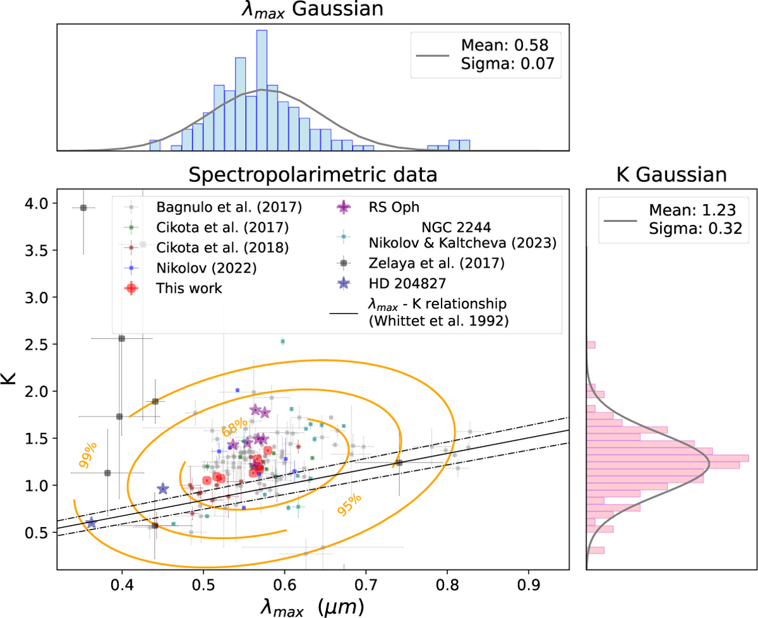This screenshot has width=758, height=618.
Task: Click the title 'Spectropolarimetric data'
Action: click(x=313, y=174)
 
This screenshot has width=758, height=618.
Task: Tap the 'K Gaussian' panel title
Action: click(x=671, y=174)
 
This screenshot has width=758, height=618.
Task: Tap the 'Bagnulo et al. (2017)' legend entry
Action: click(x=229, y=206)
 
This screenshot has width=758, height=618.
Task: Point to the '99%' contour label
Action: click(x=88, y=455)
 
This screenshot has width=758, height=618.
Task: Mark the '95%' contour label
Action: click(x=349, y=504)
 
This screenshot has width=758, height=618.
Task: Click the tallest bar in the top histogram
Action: click(x=262, y=90)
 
